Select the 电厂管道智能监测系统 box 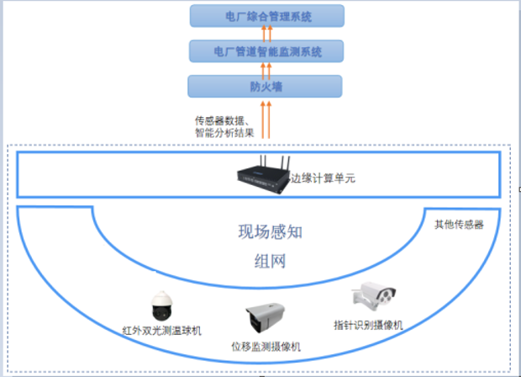(266, 51)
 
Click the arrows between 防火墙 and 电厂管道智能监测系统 (266, 69)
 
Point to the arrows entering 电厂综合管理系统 (266, 33)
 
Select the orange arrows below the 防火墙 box (266, 118)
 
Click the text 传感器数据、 (221, 119)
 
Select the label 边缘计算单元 (324, 178)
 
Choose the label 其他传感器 (459, 225)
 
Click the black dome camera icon (161, 308)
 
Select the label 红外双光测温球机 (162, 331)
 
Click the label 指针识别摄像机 (369, 325)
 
